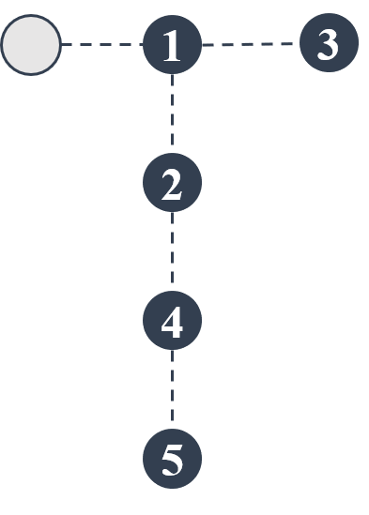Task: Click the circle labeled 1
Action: coord(172,45)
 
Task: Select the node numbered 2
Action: coord(172,184)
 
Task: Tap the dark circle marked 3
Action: coord(329,43)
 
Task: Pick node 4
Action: coord(172,322)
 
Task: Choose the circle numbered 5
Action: coord(172,460)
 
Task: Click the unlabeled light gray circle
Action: coord(31,44)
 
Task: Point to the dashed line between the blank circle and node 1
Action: coord(101,44)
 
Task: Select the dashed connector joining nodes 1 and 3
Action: coord(251,44)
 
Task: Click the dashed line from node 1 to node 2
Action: coord(172,114)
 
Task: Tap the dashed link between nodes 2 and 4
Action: coord(172,253)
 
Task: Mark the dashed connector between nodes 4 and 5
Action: coord(172,391)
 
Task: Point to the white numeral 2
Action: coord(172,185)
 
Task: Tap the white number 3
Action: coord(329,44)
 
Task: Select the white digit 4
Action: coord(172,323)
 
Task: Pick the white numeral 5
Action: coord(172,461)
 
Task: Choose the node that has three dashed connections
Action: coord(172,45)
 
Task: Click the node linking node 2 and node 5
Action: coord(172,322)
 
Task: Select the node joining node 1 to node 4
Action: coord(172,184)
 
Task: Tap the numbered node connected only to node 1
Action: coord(329,43)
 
